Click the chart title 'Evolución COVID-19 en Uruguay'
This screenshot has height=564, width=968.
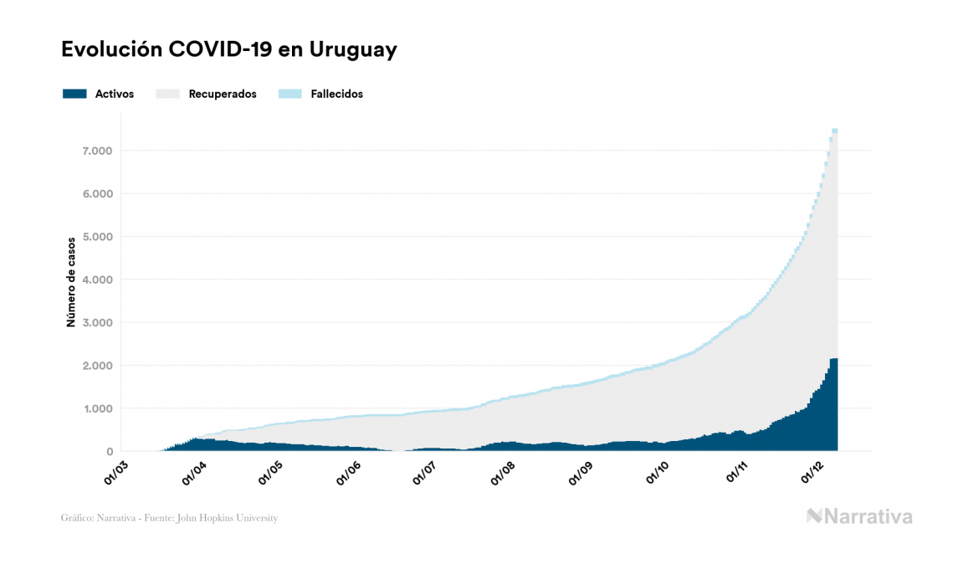228,50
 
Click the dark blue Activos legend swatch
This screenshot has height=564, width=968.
74,94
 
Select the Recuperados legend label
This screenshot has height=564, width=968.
222,94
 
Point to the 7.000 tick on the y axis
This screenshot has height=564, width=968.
96,151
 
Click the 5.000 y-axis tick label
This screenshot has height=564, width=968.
96,237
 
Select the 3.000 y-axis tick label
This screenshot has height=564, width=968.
96,323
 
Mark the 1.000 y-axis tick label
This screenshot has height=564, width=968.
96,409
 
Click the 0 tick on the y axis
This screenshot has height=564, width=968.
109,452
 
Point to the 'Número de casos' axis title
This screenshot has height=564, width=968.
71,281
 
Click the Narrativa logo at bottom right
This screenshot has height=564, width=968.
859,516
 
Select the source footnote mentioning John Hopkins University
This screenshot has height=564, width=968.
169,518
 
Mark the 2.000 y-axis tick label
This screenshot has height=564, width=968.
96,366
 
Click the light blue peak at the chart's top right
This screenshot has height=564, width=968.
834,131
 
